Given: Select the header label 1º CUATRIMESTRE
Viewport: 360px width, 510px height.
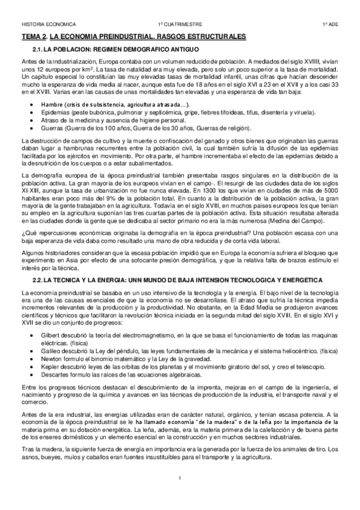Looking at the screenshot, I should click(x=179, y=25).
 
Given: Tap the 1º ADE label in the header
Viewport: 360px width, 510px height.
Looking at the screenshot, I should click(x=329, y=25).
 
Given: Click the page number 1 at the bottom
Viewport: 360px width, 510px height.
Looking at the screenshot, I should click(x=179, y=478).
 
